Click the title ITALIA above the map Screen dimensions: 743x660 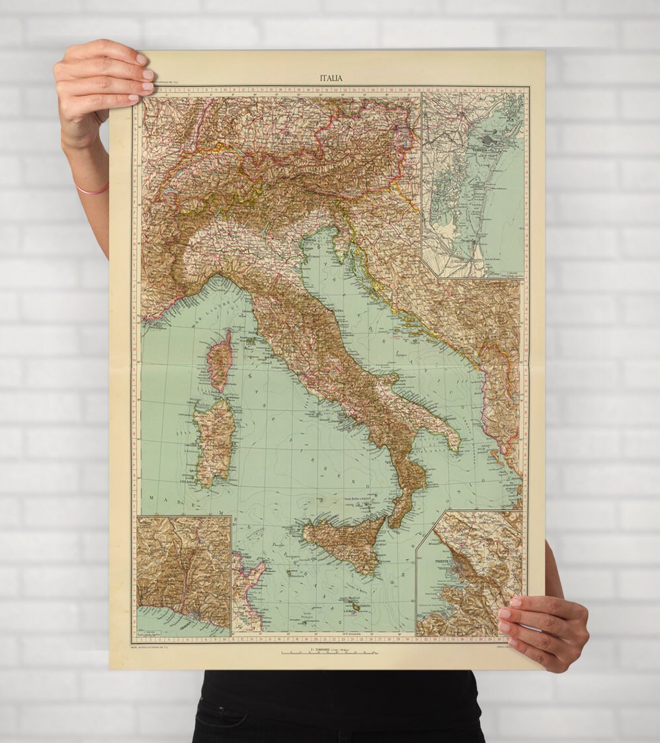point(331,77)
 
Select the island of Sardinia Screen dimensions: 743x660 point(215,440)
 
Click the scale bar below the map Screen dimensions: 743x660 point(329,653)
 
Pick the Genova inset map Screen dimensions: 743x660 point(184,573)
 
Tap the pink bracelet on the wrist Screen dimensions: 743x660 point(91,191)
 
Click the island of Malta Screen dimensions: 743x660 point(356,607)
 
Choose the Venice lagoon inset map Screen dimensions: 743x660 point(473,185)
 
